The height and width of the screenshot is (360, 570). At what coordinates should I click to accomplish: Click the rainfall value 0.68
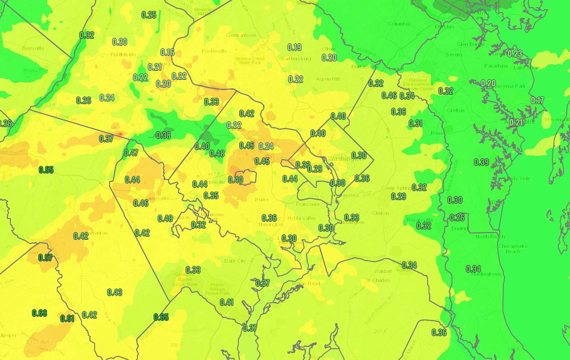[x=40, y=313]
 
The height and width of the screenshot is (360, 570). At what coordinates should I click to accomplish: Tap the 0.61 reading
[x=67, y=319]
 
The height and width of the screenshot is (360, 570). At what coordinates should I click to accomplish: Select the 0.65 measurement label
[x=161, y=317]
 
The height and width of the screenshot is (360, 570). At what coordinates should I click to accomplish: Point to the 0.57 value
[x=46, y=258]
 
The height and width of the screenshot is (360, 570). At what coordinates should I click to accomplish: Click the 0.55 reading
[x=46, y=170]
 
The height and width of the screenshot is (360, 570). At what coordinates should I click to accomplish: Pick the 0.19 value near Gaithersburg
[x=294, y=47]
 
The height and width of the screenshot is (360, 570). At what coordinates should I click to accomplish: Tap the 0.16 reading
[x=167, y=52]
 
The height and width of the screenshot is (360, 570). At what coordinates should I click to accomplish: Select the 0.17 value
[x=538, y=100]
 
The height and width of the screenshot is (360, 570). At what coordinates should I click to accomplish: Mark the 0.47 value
[x=131, y=153]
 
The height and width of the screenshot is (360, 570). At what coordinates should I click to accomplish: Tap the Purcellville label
[x=123, y=55]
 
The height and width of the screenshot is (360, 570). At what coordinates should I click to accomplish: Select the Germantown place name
[x=241, y=35]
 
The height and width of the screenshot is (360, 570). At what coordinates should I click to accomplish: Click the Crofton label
[x=456, y=110]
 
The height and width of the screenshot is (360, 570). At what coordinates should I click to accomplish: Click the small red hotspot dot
[x=120, y=134]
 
